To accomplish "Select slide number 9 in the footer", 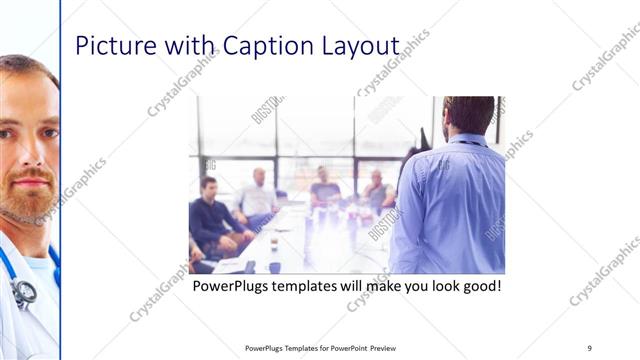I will click(x=590, y=347).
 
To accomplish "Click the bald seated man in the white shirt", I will click(x=258, y=194).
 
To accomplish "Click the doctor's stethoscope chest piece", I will click(x=23, y=291).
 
